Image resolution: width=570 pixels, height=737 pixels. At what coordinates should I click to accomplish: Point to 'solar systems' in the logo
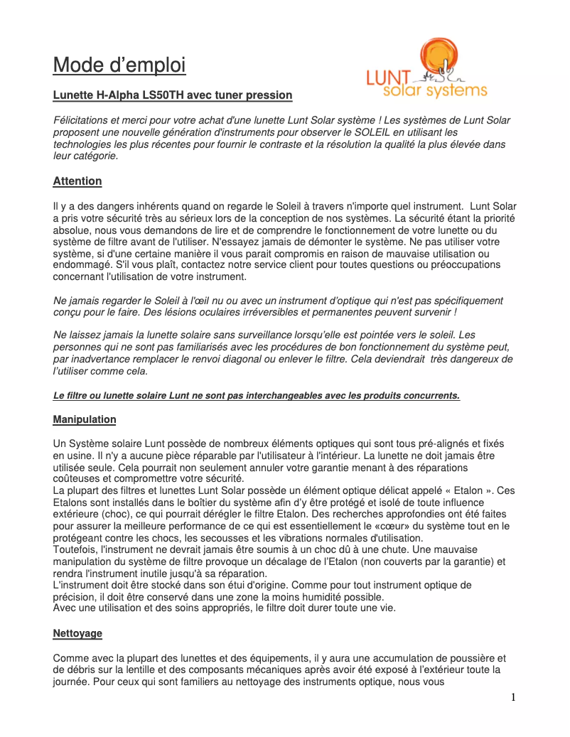(435, 91)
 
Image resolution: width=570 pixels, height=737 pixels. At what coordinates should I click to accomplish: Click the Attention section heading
(77, 181)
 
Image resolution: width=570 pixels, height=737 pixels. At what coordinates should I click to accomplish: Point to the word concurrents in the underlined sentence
(431, 395)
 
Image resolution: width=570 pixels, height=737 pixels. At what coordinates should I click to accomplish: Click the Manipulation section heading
(85, 420)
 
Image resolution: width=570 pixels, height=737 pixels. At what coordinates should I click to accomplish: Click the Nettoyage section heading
(77, 633)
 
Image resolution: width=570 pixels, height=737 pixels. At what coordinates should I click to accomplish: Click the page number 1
(513, 697)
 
